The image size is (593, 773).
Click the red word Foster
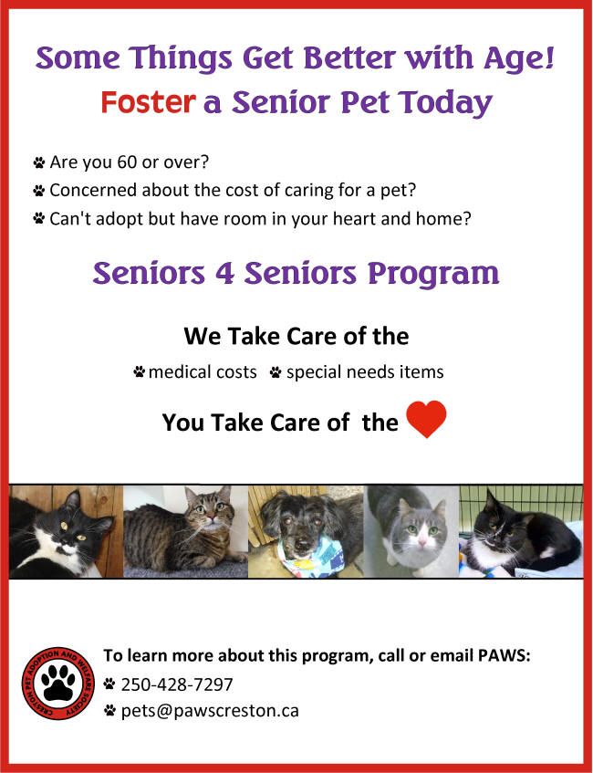[x=148, y=102]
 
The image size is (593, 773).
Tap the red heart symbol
[x=426, y=419]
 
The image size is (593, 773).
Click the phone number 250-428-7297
[x=176, y=684]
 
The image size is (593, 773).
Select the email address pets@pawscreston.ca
[x=210, y=711]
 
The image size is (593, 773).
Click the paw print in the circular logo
[x=58, y=683]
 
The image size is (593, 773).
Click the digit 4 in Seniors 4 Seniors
[x=224, y=273]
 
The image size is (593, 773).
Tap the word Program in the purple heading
[x=433, y=275]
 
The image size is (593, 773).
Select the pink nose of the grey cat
[x=422, y=542]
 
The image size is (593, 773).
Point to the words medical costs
[x=203, y=372]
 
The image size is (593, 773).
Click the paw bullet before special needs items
[x=276, y=371]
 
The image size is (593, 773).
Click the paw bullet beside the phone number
[x=109, y=684]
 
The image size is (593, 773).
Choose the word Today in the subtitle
[x=445, y=103]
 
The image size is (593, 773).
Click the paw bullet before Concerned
[x=39, y=191]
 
